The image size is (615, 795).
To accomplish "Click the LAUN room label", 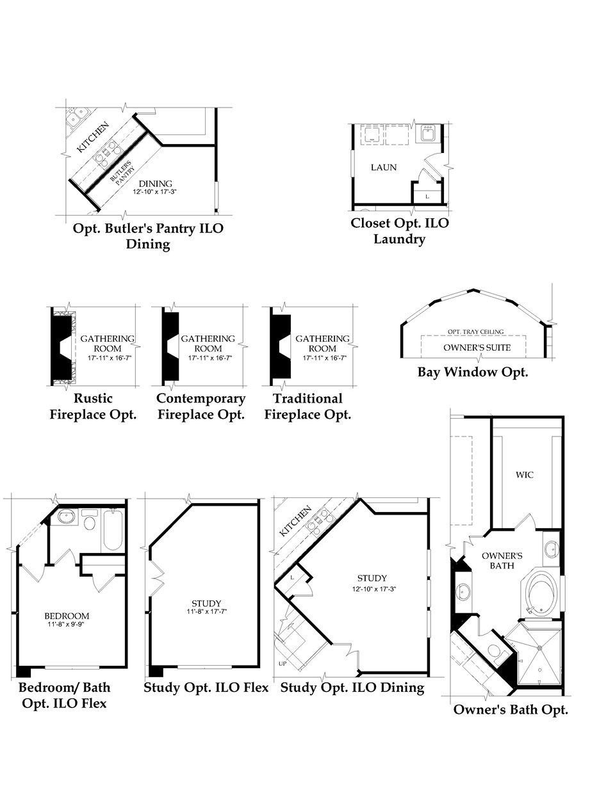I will [384, 168].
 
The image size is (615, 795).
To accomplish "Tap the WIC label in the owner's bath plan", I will [524, 475].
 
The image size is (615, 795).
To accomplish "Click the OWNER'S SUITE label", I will [477, 348].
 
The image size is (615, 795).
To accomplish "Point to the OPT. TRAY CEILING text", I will [475, 332].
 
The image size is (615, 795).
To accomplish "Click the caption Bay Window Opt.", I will [473, 372].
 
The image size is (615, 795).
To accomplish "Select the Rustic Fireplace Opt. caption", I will [94, 406].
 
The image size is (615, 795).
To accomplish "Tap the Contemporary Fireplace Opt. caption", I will [201, 406].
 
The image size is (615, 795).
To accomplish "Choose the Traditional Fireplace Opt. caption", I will [307, 406].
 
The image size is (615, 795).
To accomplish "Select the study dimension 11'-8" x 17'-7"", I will [206, 612].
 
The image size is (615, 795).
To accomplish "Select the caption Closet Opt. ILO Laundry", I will [400, 231].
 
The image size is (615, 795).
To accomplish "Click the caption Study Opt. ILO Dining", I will [352, 687].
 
